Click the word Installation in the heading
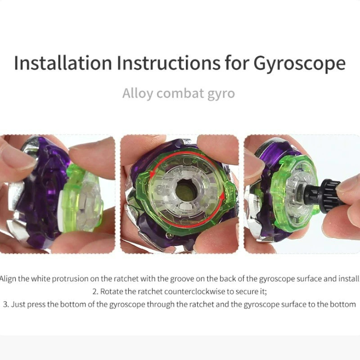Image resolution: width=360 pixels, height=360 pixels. tap(63, 63)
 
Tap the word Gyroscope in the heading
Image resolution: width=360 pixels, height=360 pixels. tap(299, 64)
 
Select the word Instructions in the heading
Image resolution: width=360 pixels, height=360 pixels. tap(168, 63)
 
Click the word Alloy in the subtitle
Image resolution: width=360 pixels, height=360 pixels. tap(138, 94)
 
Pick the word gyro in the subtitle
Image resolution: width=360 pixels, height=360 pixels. tap(221, 94)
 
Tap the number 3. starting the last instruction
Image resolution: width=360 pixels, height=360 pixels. tap(6, 305)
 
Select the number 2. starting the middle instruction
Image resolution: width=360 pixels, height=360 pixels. tap(95, 292)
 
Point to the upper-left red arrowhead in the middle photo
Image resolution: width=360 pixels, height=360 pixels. tap(152, 174)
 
